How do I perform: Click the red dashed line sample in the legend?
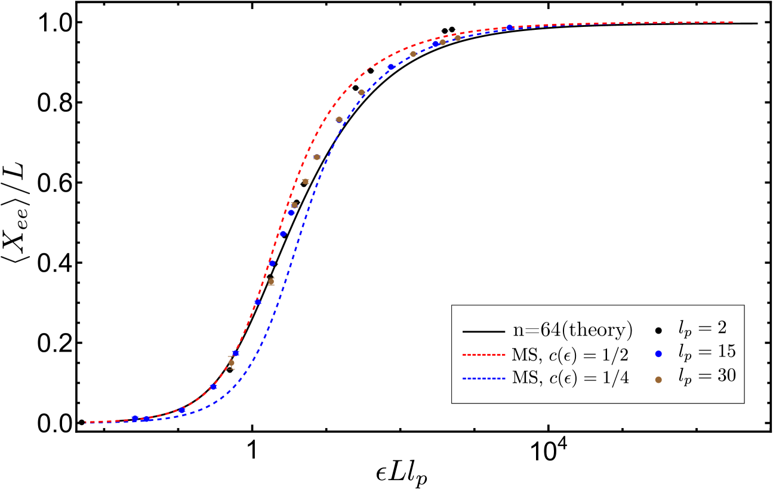click(483, 355)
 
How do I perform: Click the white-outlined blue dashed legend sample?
click(483, 378)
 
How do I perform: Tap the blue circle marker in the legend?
click(658, 353)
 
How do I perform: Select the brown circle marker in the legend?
click(658, 380)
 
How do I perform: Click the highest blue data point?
click(509, 28)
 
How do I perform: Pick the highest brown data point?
click(458, 38)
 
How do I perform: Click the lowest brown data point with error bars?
click(232, 362)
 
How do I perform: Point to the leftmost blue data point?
click(135, 419)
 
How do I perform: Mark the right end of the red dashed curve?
click(732, 23)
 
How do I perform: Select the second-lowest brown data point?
click(271, 282)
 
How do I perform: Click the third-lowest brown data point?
click(294, 205)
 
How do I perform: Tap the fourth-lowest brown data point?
click(306, 182)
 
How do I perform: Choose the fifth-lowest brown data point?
click(317, 158)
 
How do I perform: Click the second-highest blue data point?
click(436, 44)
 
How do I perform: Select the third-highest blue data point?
click(392, 67)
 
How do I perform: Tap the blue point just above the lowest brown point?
click(236, 353)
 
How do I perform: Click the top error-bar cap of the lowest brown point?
click(231, 356)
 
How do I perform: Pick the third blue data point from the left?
click(182, 410)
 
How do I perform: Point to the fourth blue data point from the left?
click(214, 387)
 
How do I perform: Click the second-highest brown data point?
click(442, 42)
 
